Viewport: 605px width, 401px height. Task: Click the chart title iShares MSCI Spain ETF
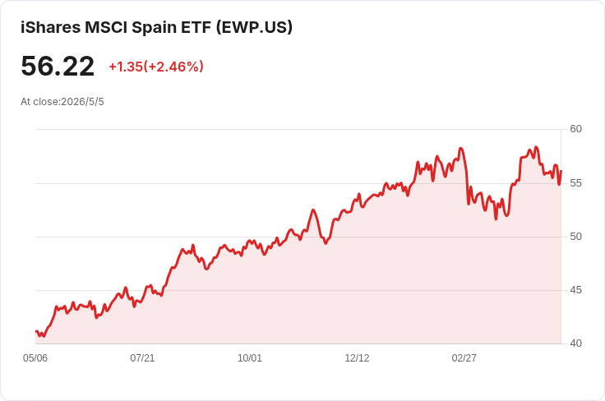click(x=116, y=27)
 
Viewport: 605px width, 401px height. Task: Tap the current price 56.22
click(x=58, y=66)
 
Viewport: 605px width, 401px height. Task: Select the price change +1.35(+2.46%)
click(x=156, y=67)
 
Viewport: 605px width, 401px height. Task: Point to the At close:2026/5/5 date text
click(x=62, y=102)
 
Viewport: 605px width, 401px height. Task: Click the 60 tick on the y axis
click(x=575, y=129)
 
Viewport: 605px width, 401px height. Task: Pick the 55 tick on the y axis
click(x=575, y=183)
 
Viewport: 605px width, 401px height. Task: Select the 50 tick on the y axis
click(x=575, y=237)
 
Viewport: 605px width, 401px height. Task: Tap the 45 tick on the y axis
click(x=575, y=290)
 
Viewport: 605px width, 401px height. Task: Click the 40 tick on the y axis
click(x=575, y=343)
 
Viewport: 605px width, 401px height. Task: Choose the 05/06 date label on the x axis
click(x=35, y=358)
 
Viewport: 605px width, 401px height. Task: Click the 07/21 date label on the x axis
click(x=142, y=358)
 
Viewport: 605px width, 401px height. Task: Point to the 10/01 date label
click(x=250, y=358)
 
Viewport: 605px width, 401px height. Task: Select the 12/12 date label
click(x=357, y=358)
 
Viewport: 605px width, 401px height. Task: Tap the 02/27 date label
click(x=464, y=358)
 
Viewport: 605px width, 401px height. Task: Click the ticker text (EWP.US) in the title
click(x=254, y=27)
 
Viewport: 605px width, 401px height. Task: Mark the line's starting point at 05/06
click(x=36, y=331)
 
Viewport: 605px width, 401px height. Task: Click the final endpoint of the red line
click(x=561, y=171)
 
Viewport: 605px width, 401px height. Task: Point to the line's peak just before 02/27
click(x=460, y=148)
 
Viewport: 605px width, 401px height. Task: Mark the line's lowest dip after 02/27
click(x=496, y=219)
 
